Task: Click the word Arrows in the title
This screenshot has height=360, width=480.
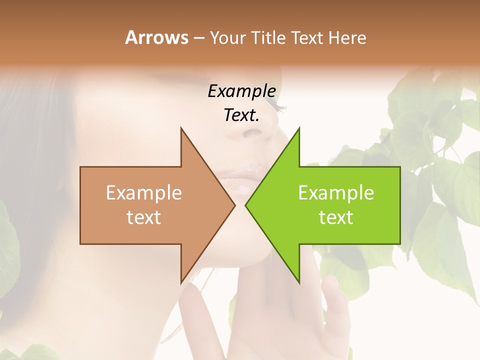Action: click(x=156, y=37)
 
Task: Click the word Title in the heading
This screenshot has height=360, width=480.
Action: click(x=268, y=37)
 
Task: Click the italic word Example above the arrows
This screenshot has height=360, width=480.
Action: click(x=241, y=91)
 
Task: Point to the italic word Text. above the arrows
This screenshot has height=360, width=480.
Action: click(x=241, y=115)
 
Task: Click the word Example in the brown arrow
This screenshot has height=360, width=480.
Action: click(x=143, y=192)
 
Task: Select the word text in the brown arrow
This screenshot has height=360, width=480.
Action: click(x=143, y=217)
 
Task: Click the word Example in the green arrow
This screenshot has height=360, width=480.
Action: click(x=336, y=192)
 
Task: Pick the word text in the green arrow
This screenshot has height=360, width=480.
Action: click(x=336, y=217)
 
